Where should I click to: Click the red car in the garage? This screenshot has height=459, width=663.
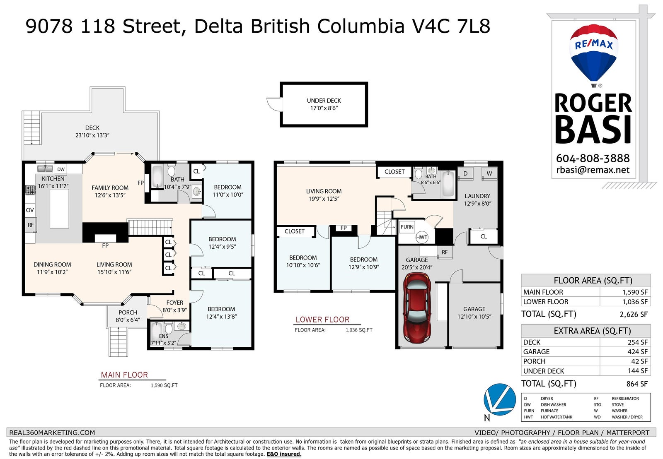(417, 308)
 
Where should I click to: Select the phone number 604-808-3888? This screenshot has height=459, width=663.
(593, 158)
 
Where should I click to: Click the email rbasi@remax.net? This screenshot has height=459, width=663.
(593, 170)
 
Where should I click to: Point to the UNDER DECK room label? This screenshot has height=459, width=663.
(324, 101)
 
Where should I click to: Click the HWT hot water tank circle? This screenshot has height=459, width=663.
(421, 237)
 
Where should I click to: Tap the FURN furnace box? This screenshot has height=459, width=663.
(407, 227)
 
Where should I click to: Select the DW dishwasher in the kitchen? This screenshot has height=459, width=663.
(60, 169)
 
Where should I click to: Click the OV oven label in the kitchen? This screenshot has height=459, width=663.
(30, 210)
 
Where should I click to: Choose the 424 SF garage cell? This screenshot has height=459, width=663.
(638, 352)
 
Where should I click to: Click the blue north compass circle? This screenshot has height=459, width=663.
(499, 399)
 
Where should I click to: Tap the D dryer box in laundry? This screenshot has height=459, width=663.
(465, 173)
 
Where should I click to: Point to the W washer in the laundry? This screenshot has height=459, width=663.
(489, 173)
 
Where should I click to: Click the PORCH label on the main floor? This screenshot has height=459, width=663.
(128, 312)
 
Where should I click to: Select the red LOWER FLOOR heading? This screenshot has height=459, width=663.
(322, 320)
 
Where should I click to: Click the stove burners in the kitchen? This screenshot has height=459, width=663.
(30, 190)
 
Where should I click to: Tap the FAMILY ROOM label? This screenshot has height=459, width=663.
(110, 187)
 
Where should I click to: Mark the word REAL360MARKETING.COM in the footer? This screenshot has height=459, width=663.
(52, 433)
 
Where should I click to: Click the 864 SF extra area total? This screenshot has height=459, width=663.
(637, 384)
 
